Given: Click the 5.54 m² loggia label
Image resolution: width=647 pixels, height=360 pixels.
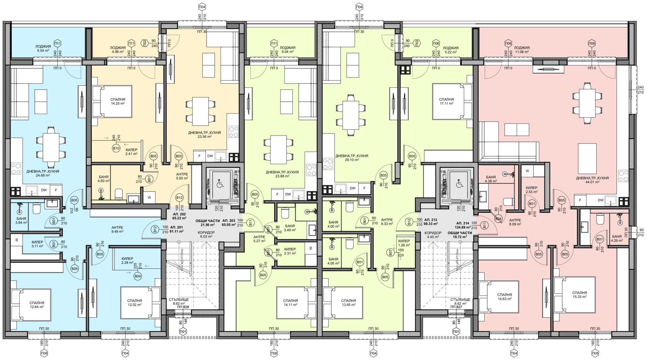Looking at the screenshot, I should tap(43, 48).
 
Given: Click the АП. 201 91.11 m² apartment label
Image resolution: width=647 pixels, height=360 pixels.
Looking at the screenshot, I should tap(177, 229).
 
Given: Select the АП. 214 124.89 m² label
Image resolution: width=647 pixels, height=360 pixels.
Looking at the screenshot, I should tap(463, 225).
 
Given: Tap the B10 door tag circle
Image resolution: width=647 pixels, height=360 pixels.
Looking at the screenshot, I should tap(116, 148).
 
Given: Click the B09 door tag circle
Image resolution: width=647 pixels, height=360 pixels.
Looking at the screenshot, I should tap(137, 276).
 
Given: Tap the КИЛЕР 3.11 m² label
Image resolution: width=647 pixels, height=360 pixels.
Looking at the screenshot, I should tap(37, 244).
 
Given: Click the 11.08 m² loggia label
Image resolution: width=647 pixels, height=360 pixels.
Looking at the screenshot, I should tap(522, 50).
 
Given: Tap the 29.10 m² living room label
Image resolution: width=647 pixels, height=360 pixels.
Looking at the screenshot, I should tap(351, 158).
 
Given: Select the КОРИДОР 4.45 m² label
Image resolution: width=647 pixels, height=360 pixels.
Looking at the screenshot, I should tap(433, 235).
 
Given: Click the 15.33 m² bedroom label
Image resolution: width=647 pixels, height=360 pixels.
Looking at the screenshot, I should tap(579, 295).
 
